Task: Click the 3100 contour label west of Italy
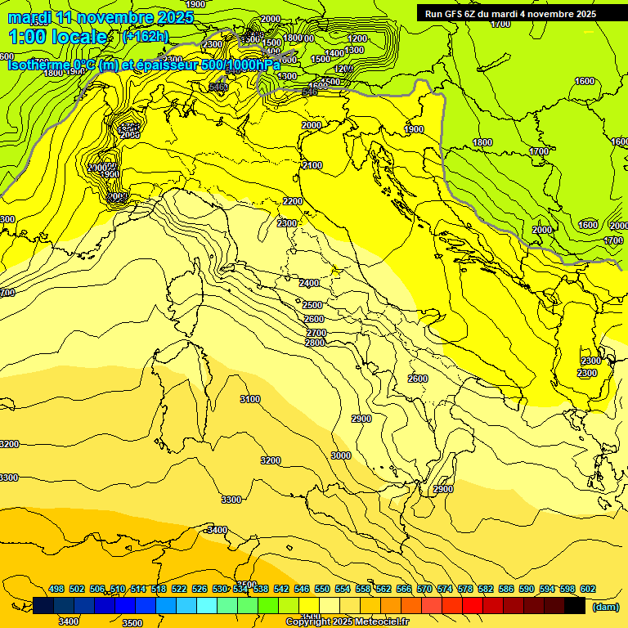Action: coord(250,399)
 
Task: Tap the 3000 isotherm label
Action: coord(341,455)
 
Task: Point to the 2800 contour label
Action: coord(315,343)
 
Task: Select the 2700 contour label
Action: coord(316,333)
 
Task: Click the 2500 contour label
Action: coord(313,305)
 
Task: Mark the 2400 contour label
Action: coord(309,283)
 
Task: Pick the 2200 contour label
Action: coord(293,201)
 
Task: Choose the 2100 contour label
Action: coord(312,166)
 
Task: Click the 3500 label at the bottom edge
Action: coord(132,622)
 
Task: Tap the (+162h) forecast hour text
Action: coord(146,36)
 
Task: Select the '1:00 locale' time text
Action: coord(58,37)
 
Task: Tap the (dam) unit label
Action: coord(604,608)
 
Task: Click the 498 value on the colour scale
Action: coord(56,590)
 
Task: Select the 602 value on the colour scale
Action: coord(587,590)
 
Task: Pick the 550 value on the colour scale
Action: coord(322,590)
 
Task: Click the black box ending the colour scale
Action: coord(575,605)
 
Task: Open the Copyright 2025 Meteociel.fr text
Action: coord(347,621)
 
